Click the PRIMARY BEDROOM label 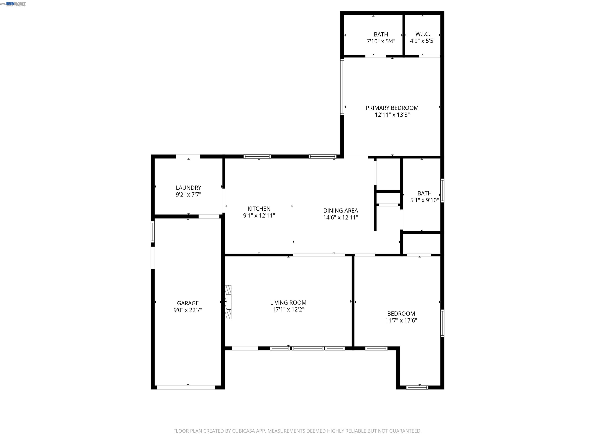[392, 108]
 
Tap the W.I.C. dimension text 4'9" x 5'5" [423, 41]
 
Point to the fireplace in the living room [228, 302]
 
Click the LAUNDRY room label [188, 188]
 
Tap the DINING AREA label [340, 210]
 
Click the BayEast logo [16, 4]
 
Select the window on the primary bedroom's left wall [342, 87]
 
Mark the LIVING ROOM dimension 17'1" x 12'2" [288, 309]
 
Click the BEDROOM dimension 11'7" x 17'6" [401, 320]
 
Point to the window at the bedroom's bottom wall [417, 387]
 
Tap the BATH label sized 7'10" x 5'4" [381, 34]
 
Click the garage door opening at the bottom [186, 387]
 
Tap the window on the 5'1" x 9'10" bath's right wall [442, 190]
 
